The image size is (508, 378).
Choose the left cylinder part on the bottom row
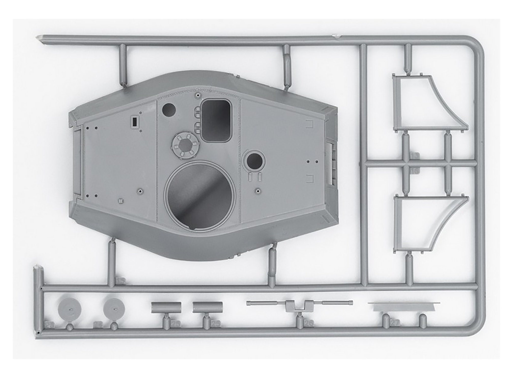(x=166, y=307)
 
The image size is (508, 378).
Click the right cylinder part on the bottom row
(x=208, y=307)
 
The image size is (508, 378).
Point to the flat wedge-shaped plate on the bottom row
(x=404, y=307)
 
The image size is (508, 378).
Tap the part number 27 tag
(x=395, y=323)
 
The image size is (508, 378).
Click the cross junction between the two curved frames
(x=406, y=164)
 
